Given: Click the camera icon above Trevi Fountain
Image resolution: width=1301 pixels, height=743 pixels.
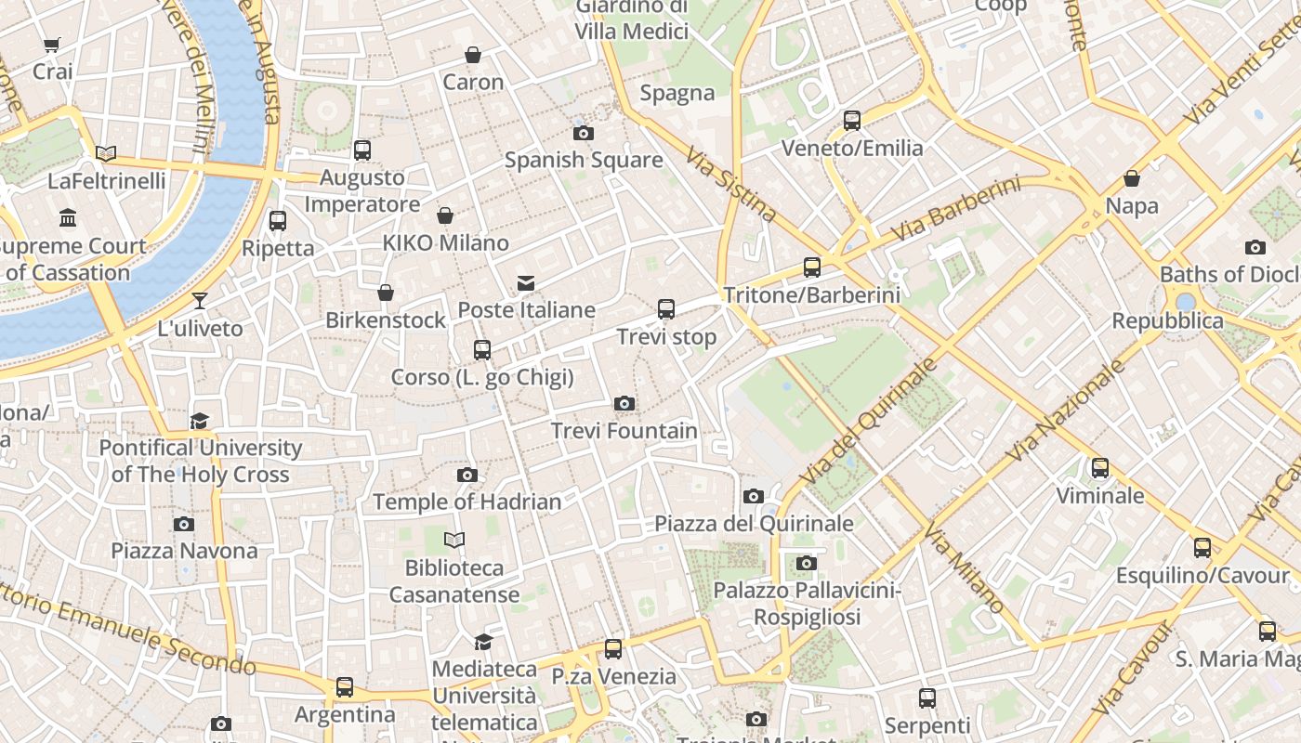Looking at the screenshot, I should (624, 403).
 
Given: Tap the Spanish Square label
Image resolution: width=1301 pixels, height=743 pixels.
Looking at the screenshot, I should (584, 160).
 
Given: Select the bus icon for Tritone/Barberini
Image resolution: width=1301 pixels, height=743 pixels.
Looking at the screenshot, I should (812, 267).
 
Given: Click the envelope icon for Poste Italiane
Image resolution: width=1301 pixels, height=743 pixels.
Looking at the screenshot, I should (526, 283).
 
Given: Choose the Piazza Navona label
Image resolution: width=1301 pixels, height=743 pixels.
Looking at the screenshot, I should (184, 551).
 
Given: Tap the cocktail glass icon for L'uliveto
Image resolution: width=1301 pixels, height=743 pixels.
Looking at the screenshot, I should (199, 301).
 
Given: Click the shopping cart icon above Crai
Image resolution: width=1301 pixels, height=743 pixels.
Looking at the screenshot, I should (52, 45).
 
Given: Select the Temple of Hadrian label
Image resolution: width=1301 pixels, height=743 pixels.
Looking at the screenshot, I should (467, 502).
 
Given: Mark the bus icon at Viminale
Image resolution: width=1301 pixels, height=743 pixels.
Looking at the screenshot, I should (1100, 468).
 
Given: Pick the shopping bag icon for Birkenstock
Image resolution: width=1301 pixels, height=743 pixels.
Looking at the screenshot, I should (386, 293).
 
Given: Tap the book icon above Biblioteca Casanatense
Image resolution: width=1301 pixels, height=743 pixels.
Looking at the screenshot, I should (453, 540).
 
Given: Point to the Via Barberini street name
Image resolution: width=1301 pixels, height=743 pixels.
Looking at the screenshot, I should (955, 210).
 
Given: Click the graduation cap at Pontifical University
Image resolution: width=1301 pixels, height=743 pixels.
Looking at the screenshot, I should (199, 422).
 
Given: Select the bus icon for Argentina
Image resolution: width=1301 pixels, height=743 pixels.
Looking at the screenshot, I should (345, 687).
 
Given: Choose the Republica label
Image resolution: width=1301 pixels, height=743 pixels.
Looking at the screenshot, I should (1168, 321).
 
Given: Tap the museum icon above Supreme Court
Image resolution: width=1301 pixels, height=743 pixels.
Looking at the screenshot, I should (68, 218).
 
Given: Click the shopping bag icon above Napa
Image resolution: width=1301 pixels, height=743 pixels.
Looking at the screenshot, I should (1132, 178).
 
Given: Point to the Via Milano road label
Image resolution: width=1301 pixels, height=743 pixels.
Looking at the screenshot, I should (964, 567).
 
